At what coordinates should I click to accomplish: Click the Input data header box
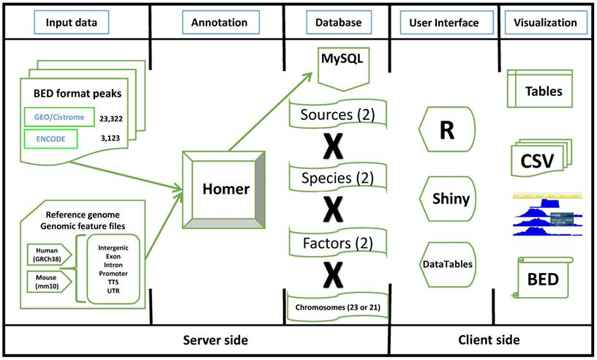[x=76, y=23]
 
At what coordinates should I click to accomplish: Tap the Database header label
[x=337, y=23]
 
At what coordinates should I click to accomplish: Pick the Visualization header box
[x=546, y=23]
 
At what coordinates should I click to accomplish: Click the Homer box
[x=227, y=190]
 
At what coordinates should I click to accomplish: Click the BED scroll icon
[x=544, y=279]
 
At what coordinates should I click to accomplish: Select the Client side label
[x=490, y=340]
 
